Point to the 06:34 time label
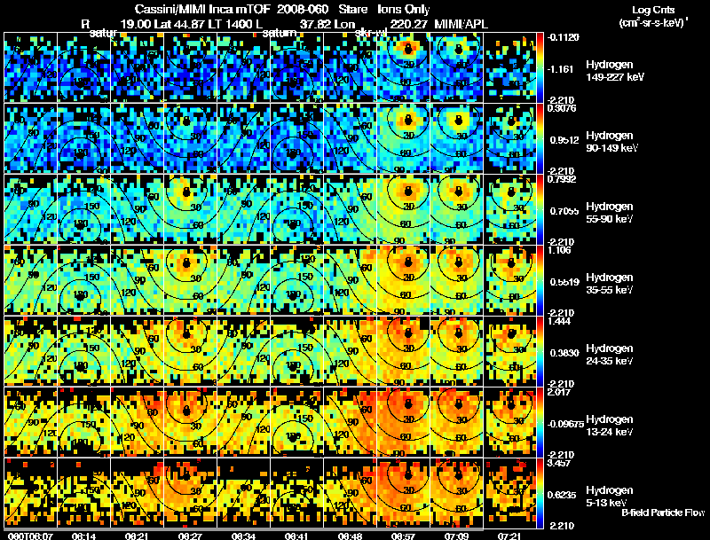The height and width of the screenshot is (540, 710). [x=244, y=536]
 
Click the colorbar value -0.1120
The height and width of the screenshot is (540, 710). [x=564, y=37]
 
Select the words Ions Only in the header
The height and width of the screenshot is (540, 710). [x=405, y=10]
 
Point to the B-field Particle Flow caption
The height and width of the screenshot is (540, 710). [x=664, y=513]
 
